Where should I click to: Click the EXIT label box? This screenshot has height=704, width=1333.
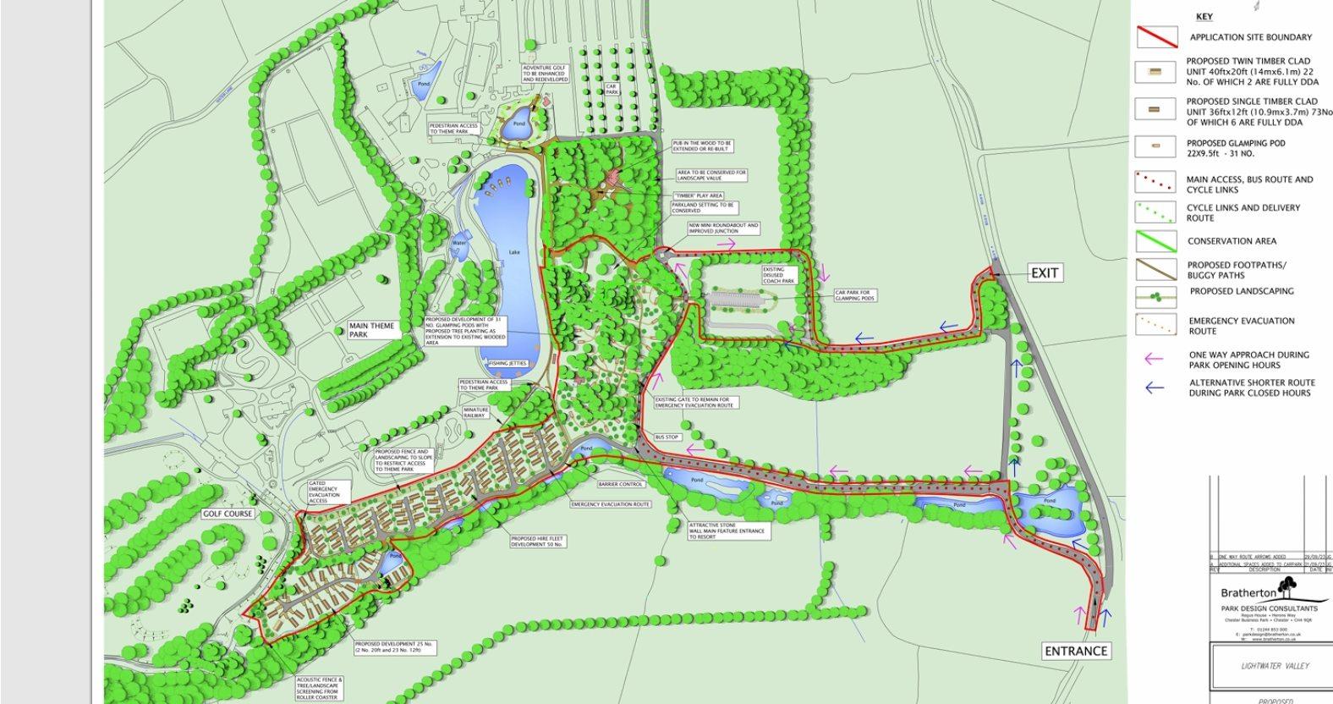point(1045,273)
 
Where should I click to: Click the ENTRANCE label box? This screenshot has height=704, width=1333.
point(1075,651)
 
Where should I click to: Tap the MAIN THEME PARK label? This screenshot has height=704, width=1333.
point(374,330)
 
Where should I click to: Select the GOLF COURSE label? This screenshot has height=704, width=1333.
point(228,514)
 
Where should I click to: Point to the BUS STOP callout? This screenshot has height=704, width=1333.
point(667,437)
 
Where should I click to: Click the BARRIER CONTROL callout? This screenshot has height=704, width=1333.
point(622,485)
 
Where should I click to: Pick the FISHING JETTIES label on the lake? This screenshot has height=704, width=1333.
point(507,363)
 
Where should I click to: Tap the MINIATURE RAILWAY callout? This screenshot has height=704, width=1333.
point(475,412)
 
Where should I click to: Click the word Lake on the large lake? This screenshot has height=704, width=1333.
point(514,252)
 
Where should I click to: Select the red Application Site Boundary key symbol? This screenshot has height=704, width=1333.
point(1155,37)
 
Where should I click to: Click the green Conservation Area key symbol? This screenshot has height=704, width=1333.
point(1155,241)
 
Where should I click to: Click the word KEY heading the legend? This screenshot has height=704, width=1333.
point(1204,17)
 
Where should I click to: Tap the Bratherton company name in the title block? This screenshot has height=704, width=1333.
point(1248,593)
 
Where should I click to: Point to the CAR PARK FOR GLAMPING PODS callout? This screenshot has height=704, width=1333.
point(854,295)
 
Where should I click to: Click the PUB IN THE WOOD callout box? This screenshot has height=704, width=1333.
point(702,147)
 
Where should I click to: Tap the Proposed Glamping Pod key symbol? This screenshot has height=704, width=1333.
point(1155,146)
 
